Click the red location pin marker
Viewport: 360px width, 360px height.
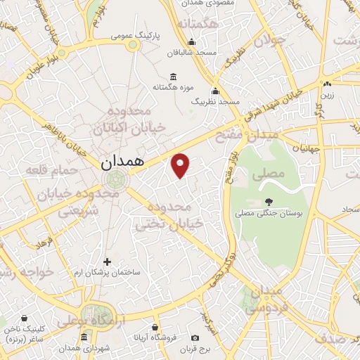181,165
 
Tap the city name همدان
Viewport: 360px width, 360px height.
122,161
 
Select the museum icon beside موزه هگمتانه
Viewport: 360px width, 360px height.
173,77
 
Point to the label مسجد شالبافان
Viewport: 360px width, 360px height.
184,52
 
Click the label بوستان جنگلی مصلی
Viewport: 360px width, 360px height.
269,212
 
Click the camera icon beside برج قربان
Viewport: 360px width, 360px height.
215,348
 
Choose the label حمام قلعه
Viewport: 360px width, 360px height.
46,169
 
